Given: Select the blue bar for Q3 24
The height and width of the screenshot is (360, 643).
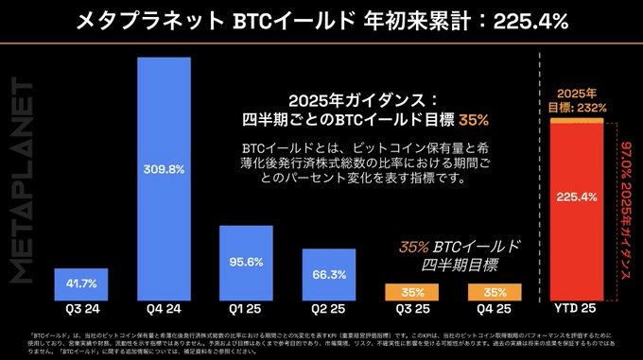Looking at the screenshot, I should coord(81,283).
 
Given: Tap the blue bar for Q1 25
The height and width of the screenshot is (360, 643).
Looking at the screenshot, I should coord(246,263).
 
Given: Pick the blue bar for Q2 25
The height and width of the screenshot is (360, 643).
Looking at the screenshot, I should coord(328,274).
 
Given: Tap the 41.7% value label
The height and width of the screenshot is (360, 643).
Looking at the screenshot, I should coord(81,283).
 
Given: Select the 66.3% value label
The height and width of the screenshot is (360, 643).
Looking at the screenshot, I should coord(328,275).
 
